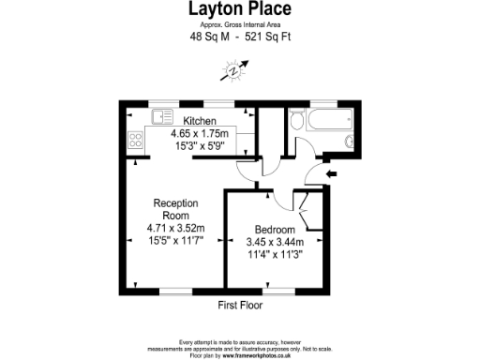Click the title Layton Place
[240, 9]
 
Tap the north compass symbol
[232, 68]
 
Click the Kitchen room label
[200, 122]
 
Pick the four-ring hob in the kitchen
[135, 142]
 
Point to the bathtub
[330, 119]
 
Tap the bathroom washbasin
[349, 142]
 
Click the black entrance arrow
[331, 173]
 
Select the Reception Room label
[175, 209]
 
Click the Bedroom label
[276, 230]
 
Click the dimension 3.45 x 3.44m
[277, 242]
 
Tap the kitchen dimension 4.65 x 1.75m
[200, 134]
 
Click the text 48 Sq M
[208, 37]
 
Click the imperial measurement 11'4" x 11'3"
[277, 254]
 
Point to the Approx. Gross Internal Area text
[240, 25]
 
